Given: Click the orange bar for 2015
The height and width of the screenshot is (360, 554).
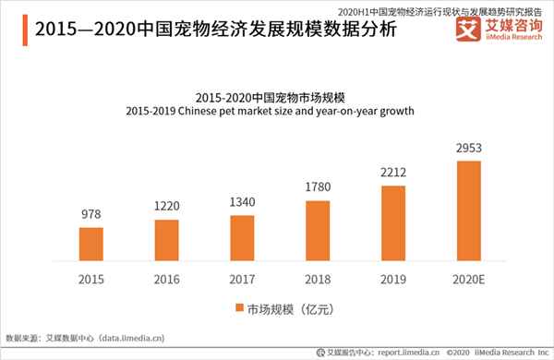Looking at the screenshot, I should (x=91, y=244).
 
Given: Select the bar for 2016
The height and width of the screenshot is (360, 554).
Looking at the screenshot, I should (x=166, y=240).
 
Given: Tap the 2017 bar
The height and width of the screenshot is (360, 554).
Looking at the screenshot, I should (x=241, y=237).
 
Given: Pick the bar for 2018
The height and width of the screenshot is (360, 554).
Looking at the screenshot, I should (x=317, y=230).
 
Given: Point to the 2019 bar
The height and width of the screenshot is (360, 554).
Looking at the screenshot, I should (x=392, y=222).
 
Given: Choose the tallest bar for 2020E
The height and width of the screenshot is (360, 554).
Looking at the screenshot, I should (x=468, y=210).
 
